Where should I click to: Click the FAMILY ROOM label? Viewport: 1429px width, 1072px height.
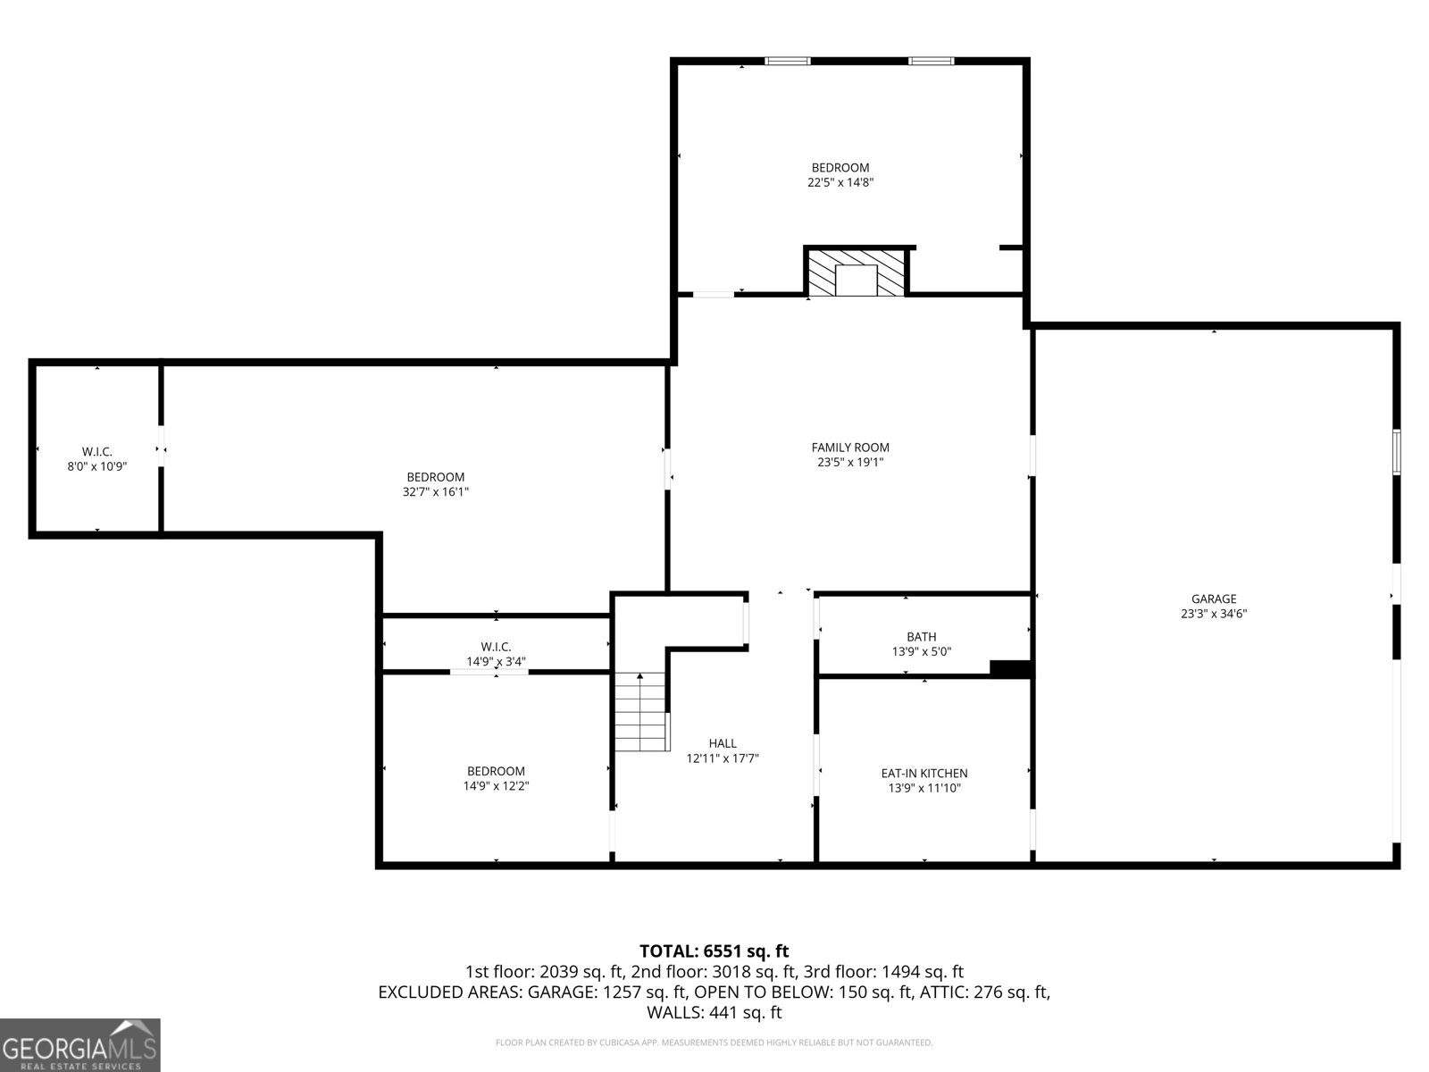click(x=850, y=448)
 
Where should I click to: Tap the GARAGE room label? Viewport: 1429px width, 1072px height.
click(x=1214, y=599)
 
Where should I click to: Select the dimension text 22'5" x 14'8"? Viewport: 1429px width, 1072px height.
click(x=840, y=182)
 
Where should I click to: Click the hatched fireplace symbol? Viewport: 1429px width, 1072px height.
click(x=856, y=272)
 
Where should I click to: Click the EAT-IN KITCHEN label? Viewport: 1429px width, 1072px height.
click(x=924, y=774)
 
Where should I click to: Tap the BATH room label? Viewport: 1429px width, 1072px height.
click(x=922, y=637)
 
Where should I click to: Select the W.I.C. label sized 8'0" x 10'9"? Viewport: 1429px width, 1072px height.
click(x=97, y=452)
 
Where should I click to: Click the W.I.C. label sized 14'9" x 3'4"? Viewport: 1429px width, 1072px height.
click(x=496, y=647)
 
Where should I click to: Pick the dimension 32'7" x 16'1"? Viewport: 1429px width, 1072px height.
click(x=436, y=491)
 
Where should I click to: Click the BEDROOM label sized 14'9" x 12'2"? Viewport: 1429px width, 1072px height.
click(x=496, y=771)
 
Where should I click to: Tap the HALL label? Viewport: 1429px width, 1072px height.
click(x=723, y=743)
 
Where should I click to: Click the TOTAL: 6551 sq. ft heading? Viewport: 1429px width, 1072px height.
click(x=714, y=951)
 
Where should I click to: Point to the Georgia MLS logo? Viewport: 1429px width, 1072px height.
click(x=80, y=1044)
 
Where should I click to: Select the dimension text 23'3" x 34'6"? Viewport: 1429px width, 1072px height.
click(x=1214, y=614)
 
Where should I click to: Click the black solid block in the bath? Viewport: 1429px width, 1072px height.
click(x=1010, y=668)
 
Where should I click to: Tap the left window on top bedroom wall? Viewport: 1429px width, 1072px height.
click(x=788, y=61)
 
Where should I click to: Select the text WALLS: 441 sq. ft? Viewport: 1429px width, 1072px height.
click(x=714, y=1012)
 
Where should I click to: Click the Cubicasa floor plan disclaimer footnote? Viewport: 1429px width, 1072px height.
click(x=714, y=1043)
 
